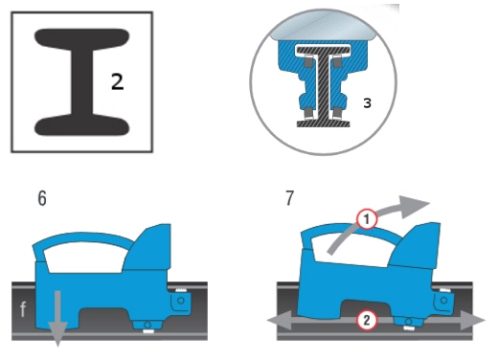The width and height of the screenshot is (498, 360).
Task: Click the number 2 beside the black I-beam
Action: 117,81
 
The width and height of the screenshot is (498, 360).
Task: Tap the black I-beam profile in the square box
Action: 81,82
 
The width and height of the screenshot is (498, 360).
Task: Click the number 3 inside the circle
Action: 367,103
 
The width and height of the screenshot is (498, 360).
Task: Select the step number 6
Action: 42,198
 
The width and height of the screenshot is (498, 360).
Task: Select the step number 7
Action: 289,198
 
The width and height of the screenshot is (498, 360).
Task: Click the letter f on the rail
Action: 23,308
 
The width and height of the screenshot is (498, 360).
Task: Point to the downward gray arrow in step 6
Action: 57,318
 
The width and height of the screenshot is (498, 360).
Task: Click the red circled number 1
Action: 367,219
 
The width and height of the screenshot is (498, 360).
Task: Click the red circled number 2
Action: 367,320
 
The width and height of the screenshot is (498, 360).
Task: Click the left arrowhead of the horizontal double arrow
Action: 279,321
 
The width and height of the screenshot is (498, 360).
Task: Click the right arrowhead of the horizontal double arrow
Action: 473,321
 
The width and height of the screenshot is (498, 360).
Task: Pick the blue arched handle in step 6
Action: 82,237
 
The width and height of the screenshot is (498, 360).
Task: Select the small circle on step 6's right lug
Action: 181,301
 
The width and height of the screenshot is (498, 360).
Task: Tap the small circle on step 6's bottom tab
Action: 147,325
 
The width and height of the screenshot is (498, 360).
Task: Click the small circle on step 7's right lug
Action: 443,300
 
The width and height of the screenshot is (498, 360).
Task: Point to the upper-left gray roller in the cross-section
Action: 307,61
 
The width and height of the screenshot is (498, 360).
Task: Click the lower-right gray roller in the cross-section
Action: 337,113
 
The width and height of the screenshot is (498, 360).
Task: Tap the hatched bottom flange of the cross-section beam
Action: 323,124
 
